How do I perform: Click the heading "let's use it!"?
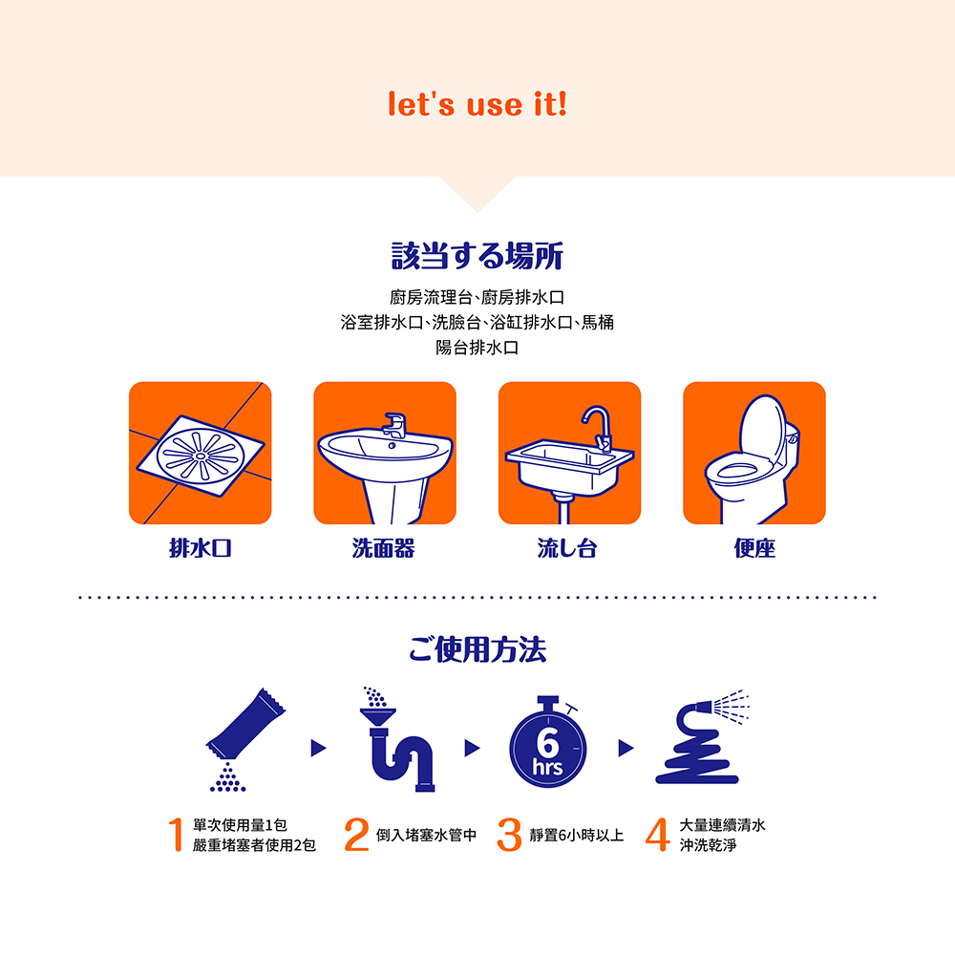coord(477,104)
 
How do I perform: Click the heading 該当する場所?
coord(477,256)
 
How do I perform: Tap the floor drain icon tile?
coord(201,454)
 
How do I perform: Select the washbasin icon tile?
coord(385,454)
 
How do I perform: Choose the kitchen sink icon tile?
coord(569,454)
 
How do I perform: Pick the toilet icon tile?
coord(753,454)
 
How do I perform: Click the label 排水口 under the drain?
coord(201,548)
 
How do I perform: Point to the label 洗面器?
coord(384,548)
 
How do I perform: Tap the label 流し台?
coord(568,548)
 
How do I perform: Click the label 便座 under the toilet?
coord(753,548)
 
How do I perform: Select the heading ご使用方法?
coord(477,651)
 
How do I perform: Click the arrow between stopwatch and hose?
coord(626,748)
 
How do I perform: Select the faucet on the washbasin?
coord(393,424)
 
